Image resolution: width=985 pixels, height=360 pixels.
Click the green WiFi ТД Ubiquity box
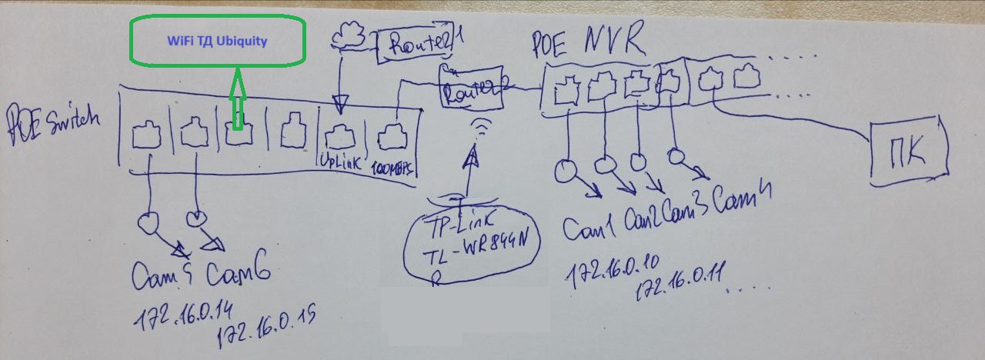tap(217, 42)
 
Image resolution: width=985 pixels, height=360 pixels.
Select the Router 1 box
tap(414, 48)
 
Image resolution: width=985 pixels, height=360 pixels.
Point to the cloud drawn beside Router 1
tap(350, 33)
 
